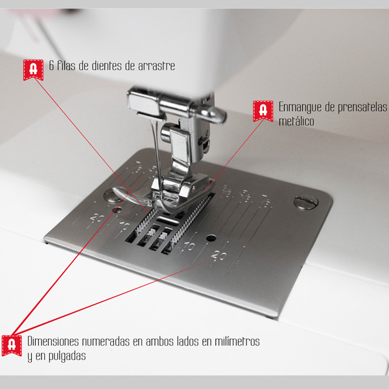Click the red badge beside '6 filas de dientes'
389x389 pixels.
[33, 70]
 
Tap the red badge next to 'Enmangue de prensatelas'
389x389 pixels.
[263, 111]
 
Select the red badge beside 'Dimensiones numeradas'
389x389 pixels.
[12, 346]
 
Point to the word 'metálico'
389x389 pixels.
[296, 121]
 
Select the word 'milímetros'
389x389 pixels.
[237, 342]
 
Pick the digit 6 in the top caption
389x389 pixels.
[51, 65]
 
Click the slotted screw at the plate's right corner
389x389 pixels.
[306, 202]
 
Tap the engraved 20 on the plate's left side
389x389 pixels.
[97, 218]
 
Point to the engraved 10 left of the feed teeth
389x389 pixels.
[124, 226]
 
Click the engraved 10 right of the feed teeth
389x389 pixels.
[189, 246]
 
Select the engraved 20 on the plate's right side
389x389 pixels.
[219, 255]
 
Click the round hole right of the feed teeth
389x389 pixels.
[211, 239]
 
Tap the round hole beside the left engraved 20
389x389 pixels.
[117, 210]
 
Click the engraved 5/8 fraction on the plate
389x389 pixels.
[245, 196]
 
